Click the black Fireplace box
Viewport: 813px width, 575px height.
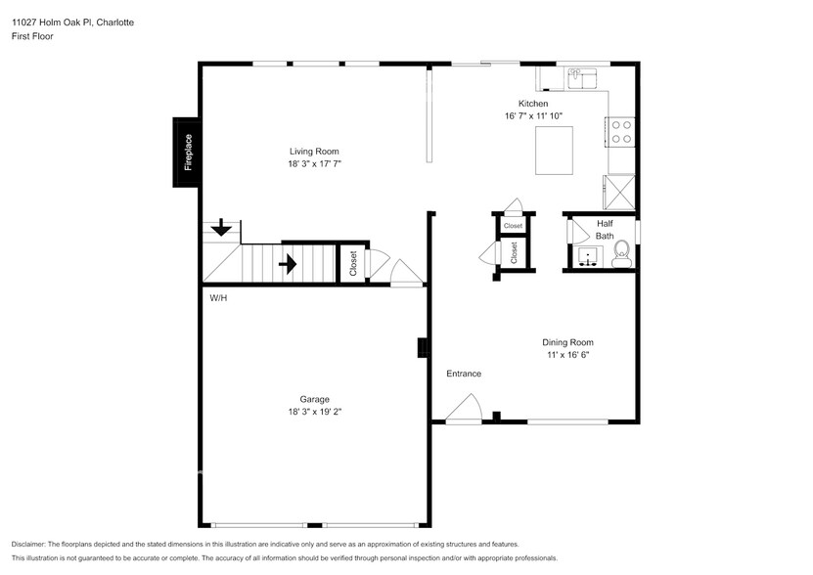point(188,152)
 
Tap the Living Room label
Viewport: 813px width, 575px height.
point(313,151)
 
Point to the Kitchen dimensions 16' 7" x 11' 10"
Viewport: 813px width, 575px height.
point(532,116)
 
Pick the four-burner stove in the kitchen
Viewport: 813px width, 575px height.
point(621,131)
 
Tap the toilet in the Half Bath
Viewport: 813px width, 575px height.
point(620,257)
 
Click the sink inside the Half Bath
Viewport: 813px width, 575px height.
point(587,256)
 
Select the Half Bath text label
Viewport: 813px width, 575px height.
point(605,230)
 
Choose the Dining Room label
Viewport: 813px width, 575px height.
point(567,342)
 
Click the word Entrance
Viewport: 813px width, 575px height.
point(464,374)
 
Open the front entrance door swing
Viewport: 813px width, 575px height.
point(465,409)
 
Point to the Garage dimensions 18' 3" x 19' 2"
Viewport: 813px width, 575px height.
point(314,412)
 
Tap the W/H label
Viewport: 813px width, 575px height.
point(217,297)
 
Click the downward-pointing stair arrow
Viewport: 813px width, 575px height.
point(222,228)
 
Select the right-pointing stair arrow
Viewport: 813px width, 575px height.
point(289,263)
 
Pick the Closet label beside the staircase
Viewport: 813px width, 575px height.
point(353,263)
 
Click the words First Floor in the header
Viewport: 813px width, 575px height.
point(32,36)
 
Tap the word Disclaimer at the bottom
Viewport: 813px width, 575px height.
point(28,544)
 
